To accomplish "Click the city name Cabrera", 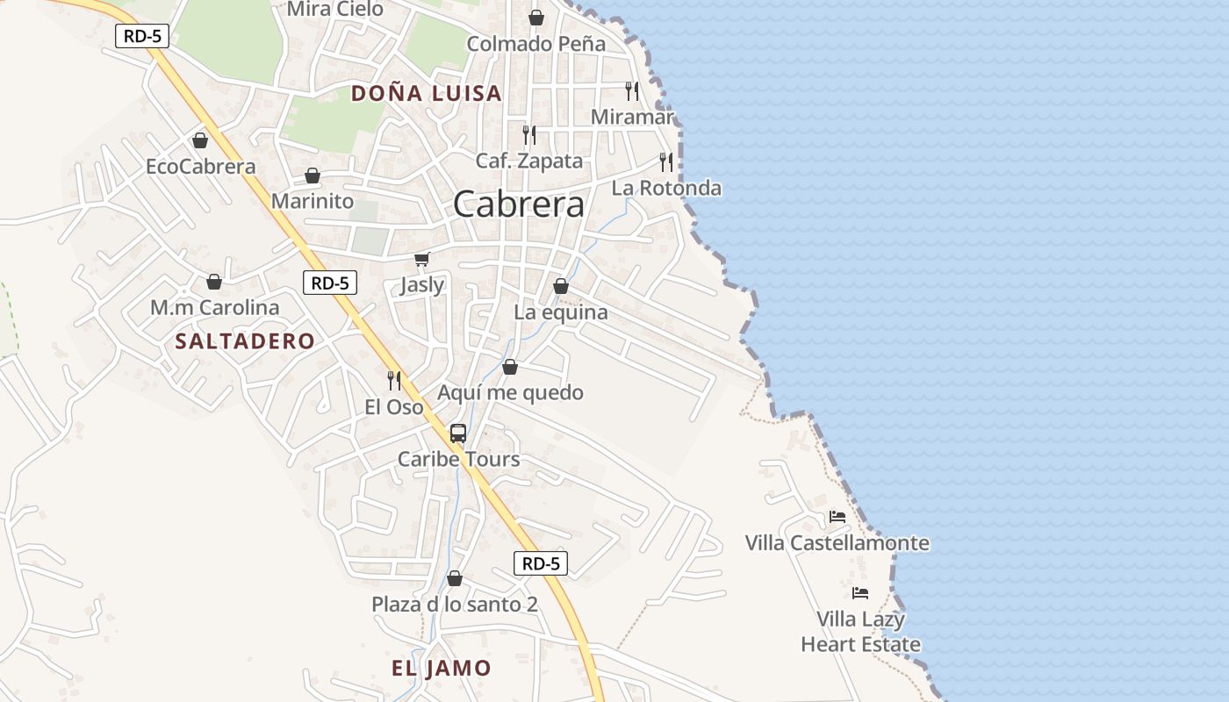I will (519, 204).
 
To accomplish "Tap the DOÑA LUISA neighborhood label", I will (427, 93).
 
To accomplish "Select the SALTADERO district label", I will (245, 341).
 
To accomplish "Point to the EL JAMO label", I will (442, 668).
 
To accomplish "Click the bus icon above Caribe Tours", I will (458, 433).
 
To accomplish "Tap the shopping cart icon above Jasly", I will (422, 259).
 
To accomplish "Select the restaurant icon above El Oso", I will (394, 381).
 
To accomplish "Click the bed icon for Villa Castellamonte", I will (837, 517).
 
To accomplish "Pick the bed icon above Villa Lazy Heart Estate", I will (860, 593).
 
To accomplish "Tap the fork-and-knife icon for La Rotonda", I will (666, 162).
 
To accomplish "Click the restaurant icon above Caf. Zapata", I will (529, 135).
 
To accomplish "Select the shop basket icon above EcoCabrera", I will (200, 140).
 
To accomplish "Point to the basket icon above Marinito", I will (312, 175).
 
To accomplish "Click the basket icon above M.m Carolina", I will (213, 282).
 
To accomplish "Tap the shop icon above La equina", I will (561, 286).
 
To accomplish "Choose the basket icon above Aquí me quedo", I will (510, 367).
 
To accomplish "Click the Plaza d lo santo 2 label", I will (455, 604).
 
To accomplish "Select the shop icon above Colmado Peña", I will (535, 18).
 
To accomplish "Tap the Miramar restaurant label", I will (632, 117).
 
